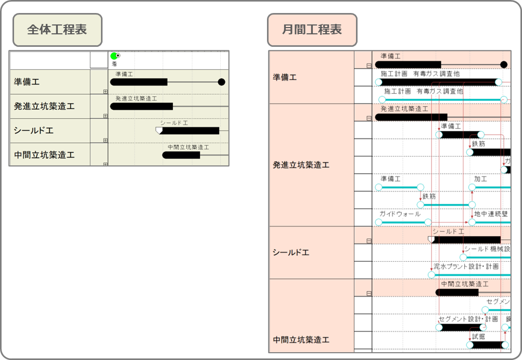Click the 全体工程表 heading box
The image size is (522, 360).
57,30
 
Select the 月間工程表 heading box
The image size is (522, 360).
312,30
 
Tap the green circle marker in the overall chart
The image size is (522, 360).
114,56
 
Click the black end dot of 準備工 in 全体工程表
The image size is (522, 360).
221,82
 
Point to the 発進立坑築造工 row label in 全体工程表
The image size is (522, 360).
44,106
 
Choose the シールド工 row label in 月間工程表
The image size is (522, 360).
291,252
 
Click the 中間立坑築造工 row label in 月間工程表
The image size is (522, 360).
301,340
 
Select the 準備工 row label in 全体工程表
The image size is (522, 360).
27,82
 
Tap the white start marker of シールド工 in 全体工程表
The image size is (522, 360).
159,130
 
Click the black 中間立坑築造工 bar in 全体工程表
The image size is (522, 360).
181,155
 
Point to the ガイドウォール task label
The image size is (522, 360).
400,214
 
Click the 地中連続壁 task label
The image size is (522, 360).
491,214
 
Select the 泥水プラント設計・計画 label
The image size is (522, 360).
466,266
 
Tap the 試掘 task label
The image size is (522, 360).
478,336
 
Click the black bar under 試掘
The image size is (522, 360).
487,344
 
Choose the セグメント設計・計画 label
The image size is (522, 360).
468,319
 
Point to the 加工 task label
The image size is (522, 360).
480,179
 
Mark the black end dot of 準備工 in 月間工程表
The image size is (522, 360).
503,65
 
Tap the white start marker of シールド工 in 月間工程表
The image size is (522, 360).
431,239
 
